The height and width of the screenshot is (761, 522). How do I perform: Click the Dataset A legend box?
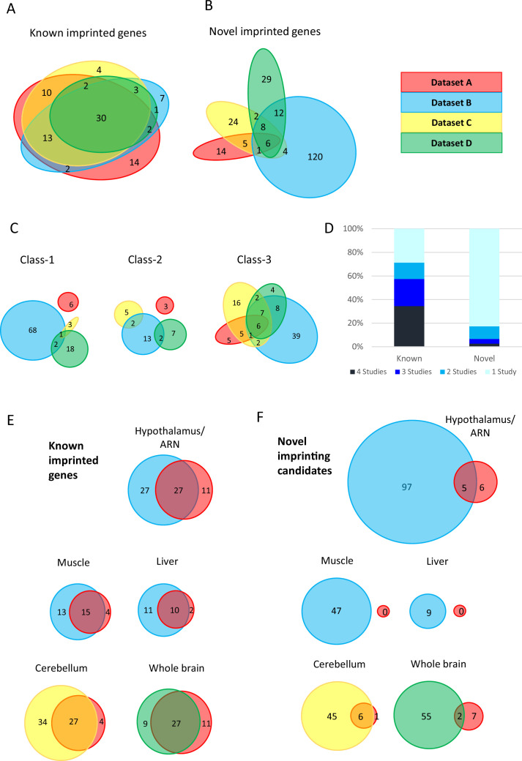click(450, 83)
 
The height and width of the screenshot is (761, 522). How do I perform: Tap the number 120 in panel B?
click(316, 157)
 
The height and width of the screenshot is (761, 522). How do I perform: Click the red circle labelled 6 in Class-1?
click(70, 302)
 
